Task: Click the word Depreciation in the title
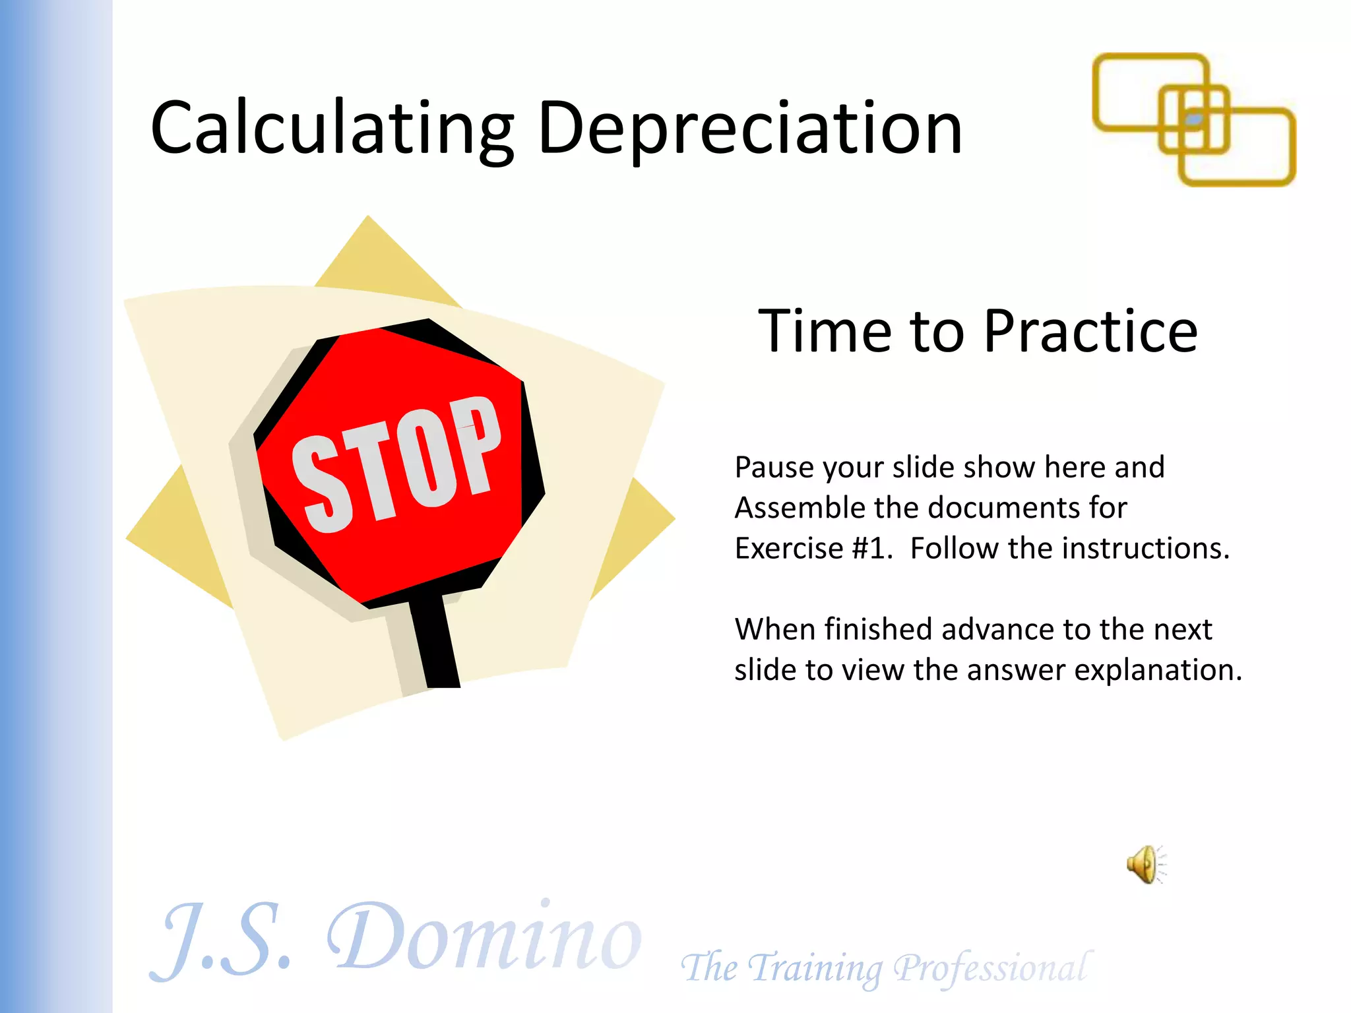[x=750, y=129]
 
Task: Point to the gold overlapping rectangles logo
[x=1194, y=119]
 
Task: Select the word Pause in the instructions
[x=774, y=468]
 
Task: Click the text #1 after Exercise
[x=871, y=549]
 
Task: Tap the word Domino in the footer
[x=485, y=936]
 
